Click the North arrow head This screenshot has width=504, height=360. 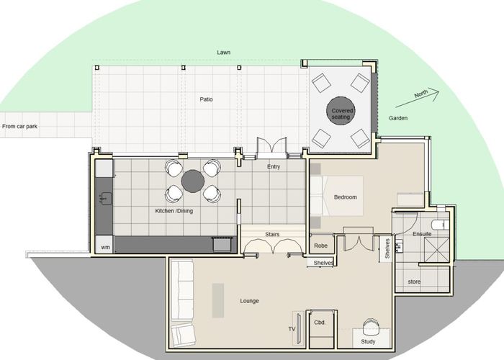coord(436,93)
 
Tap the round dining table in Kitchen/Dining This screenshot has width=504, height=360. coord(193,181)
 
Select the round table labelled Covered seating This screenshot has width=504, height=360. coord(341,111)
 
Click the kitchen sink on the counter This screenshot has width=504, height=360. coord(105,199)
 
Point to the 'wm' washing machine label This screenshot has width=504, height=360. coord(105,247)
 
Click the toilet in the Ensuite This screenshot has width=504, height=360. coord(441,225)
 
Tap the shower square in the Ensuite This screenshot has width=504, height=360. coord(437,249)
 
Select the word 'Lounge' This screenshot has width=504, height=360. coord(249,301)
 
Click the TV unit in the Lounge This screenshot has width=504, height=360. coord(299,328)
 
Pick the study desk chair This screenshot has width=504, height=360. coord(372,327)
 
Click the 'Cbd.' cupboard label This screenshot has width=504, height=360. coord(320,323)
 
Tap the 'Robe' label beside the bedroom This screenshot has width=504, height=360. coord(321,246)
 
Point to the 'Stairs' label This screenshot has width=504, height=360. coord(272,234)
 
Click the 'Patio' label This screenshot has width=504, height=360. coord(207,99)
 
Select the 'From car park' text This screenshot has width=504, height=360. coord(19,126)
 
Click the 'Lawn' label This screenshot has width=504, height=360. coord(223,52)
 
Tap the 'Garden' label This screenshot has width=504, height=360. coord(398,118)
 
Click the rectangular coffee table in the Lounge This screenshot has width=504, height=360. coord(218,300)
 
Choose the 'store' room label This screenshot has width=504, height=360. coord(414,282)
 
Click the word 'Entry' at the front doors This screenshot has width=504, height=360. coord(274,166)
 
